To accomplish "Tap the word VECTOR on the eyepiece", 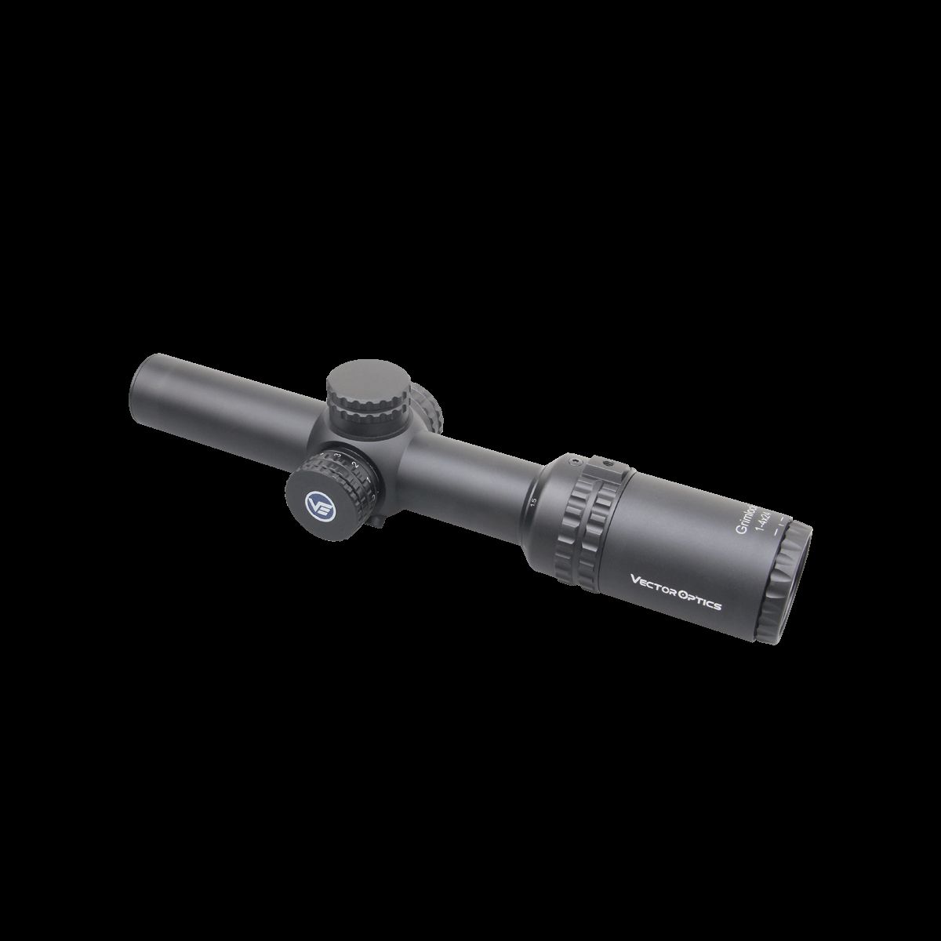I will point(654,582).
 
